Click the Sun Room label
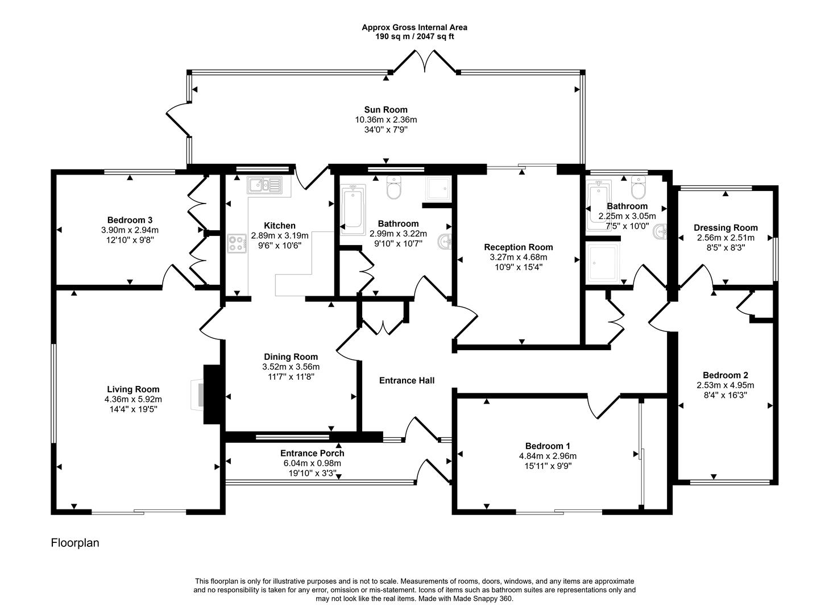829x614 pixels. (x=386, y=110)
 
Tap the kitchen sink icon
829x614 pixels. (x=264, y=185)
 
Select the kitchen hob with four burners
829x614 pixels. (x=237, y=244)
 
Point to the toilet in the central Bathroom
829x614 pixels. (x=393, y=188)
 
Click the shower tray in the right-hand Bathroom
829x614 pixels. (x=603, y=263)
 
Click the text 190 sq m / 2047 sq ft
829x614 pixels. (x=414, y=36)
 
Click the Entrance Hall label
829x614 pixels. (x=407, y=380)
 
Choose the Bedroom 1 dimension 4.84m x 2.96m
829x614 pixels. (x=548, y=456)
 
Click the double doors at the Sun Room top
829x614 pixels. (x=424, y=61)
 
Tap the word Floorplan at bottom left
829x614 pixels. (x=75, y=543)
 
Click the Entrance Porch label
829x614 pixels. (x=312, y=453)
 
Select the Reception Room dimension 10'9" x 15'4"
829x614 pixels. (x=518, y=267)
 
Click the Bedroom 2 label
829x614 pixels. (x=725, y=375)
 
